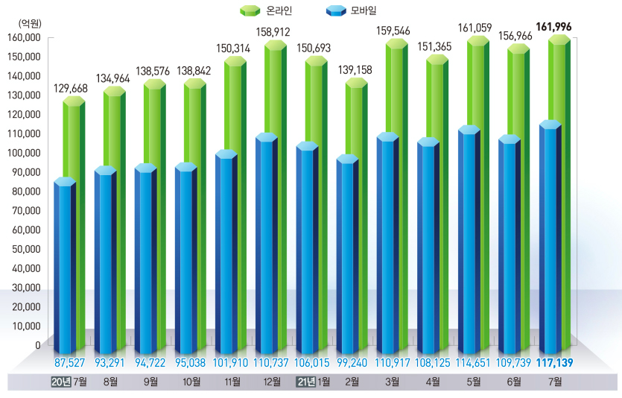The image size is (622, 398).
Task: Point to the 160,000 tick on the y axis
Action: pos(25,37)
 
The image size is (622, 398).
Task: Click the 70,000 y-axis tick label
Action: pos(28,211)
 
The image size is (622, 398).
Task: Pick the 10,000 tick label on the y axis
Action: pos(28,326)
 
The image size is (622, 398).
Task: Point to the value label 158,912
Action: pos(273,32)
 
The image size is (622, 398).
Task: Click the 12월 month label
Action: pos(272,382)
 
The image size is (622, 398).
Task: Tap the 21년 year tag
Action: pos(306,382)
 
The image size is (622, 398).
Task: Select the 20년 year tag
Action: pos(61,382)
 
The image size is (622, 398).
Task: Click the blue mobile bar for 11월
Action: pos(225,253)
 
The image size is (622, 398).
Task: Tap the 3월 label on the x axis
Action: pos(392,382)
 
